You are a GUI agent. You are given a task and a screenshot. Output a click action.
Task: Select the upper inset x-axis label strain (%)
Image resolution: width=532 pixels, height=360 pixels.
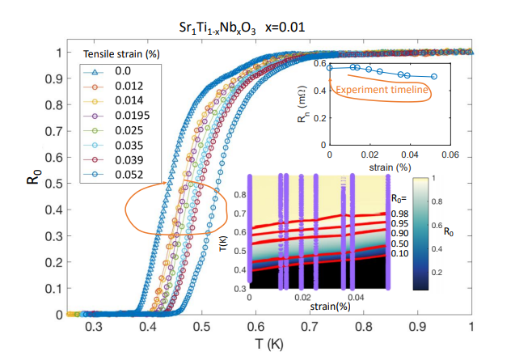[389, 167]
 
